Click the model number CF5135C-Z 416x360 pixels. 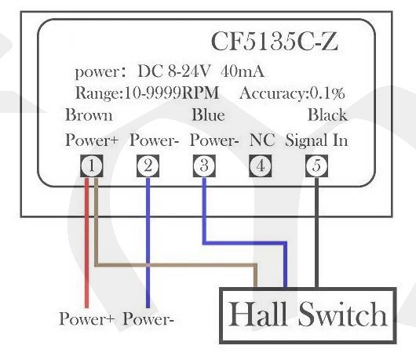[x=275, y=42]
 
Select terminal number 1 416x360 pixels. [x=92, y=166]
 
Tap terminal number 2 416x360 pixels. [x=148, y=166]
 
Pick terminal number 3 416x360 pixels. [x=204, y=166]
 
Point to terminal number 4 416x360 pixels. [x=261, y=166]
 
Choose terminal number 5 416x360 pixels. [x=316, y=166]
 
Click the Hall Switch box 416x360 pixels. [x=308, y=315]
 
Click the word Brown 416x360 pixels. [x=89, y=115]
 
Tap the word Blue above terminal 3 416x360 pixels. [x=209, y=115]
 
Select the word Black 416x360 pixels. [x=327, y=115]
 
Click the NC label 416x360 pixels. [x=262, y=140]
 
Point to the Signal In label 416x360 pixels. [x=316, y=140]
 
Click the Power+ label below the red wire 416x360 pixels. [x=86, y=318]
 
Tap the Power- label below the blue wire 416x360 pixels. [x=148, y=318]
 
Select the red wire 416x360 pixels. [x=86, y=243]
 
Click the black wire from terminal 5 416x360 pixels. [x=316, y=232]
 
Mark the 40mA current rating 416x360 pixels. [x=243, y=71]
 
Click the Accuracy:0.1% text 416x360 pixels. [x=292, y=93]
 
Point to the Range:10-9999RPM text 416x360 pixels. [x=148, y=93]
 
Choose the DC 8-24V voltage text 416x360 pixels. [x=174, y=71]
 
